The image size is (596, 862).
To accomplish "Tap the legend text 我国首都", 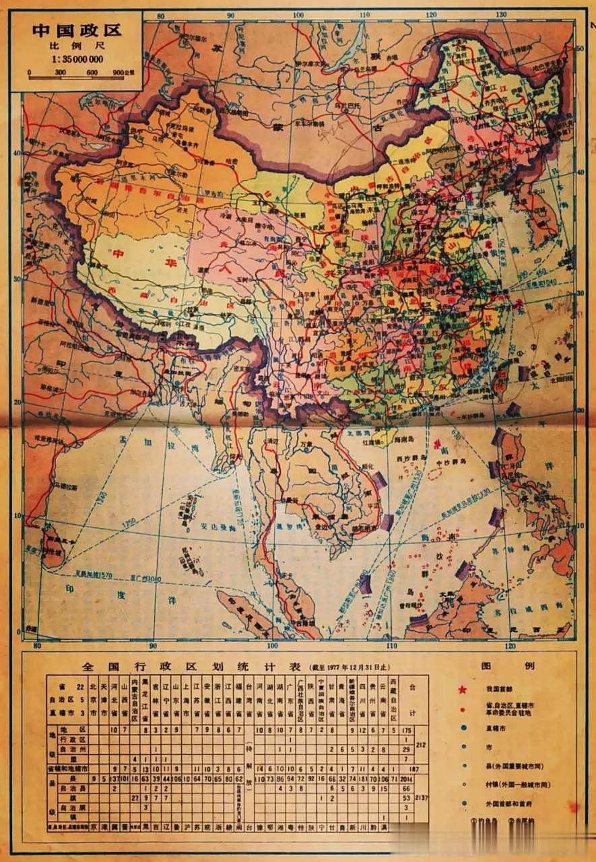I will tap(500, 689).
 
